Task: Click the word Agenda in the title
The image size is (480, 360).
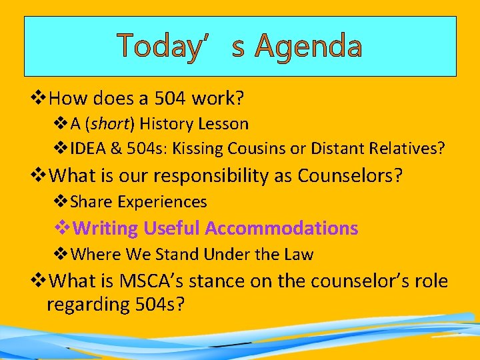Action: [308, 46]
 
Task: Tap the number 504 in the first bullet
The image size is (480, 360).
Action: [171, 99]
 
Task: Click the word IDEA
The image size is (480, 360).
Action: [87, 148]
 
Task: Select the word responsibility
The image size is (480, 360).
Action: [212, 175]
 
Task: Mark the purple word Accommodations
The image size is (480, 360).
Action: [281, 228]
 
